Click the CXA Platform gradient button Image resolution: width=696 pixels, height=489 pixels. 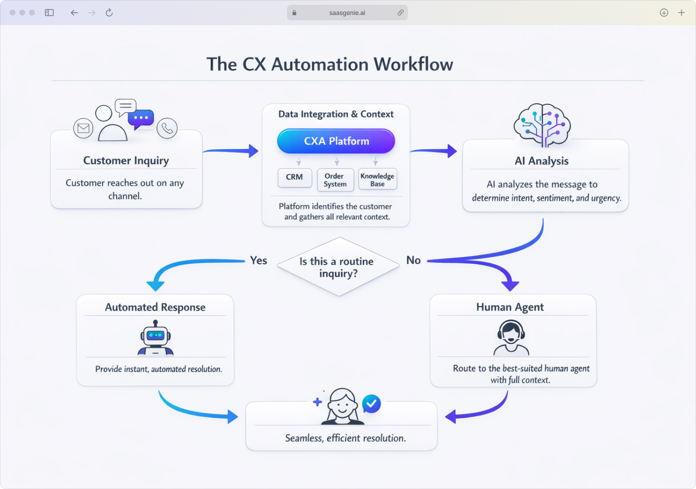336,141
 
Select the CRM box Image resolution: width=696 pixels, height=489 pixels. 294,177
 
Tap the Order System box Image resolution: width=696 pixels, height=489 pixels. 335,180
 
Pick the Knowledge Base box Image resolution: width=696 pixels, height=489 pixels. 377,180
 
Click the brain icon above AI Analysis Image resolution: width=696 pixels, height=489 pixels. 542,125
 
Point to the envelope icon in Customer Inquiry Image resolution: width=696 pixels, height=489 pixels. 83,128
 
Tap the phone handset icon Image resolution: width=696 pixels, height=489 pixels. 167,128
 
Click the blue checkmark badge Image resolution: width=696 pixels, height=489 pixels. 371,403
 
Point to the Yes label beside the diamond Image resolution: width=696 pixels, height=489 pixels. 259,260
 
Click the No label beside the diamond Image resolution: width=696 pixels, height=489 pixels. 413,260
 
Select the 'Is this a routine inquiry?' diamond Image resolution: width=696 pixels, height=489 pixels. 338,267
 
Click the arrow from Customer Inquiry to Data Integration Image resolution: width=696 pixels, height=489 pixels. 231,151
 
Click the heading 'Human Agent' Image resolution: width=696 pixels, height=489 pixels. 510,307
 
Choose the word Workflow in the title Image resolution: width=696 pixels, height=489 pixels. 413,64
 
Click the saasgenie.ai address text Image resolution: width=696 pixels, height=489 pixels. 347,13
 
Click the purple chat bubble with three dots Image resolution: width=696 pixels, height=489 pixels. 141,118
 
